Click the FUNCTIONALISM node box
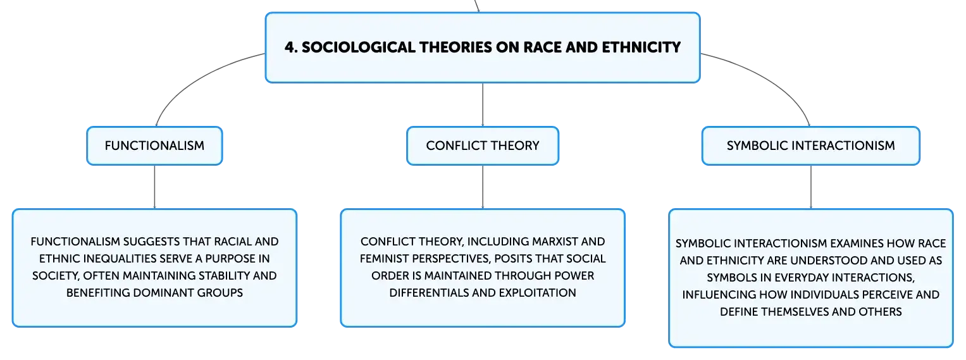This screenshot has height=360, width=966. coord(154,146)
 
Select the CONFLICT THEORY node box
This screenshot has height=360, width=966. coord(483,146)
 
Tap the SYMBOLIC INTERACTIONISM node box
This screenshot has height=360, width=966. coord(811,146)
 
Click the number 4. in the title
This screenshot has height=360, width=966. coord(291,47)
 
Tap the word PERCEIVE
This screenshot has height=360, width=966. coord(887,294)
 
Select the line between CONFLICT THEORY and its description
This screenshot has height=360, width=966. coord(483,187)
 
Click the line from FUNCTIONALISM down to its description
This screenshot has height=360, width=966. coord(154,187)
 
